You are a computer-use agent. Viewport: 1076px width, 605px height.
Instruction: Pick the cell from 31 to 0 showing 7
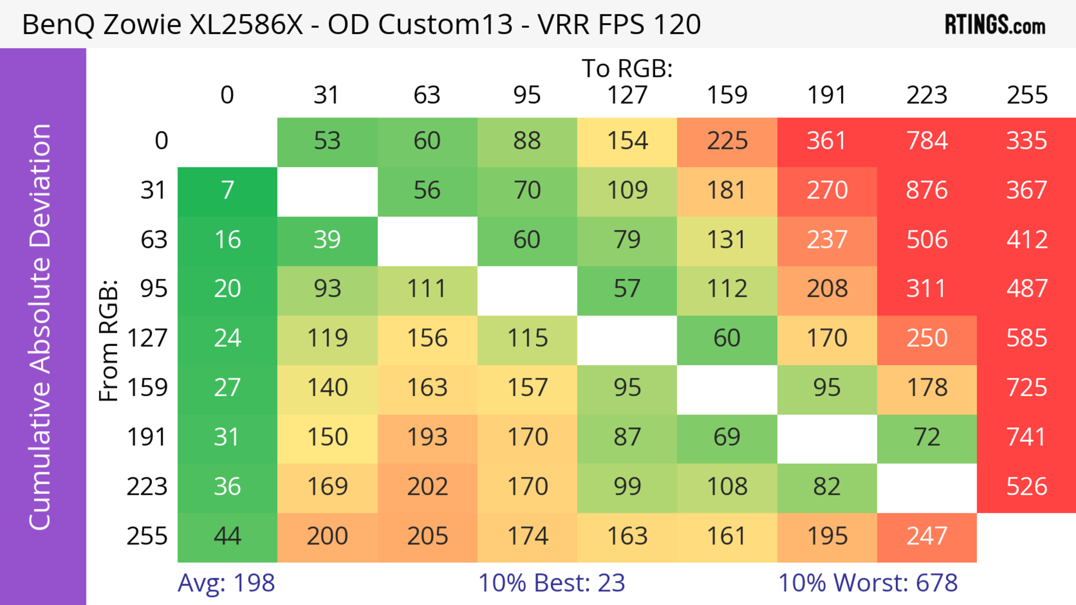[227, 191]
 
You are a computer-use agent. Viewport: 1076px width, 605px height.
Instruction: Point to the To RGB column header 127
[627, 95]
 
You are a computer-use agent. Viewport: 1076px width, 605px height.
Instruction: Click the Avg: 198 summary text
[226, 583]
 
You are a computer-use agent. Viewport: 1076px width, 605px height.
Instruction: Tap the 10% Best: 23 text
[551, 583]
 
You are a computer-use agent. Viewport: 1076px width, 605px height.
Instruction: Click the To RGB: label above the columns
[627, 68]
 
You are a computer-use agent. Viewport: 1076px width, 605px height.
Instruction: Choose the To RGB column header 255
[1026, 95]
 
